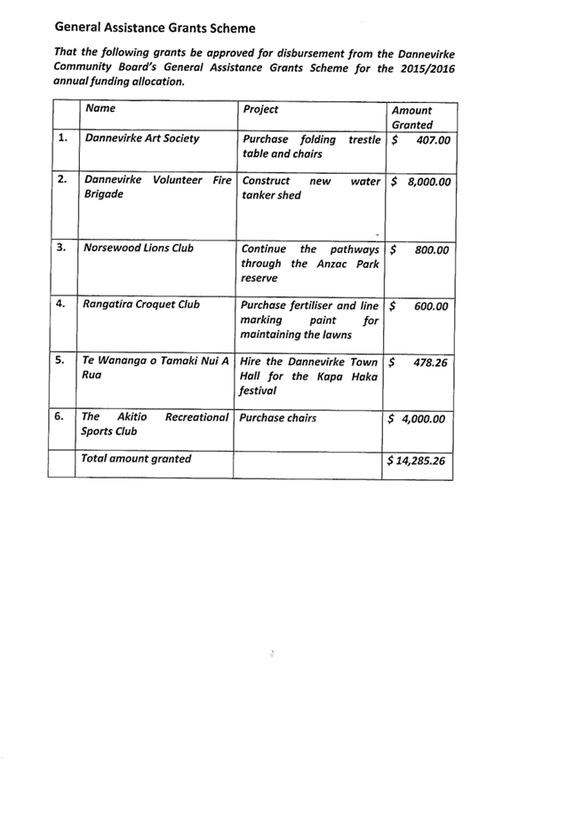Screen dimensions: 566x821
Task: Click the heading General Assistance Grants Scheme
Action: click(x=155, y=28)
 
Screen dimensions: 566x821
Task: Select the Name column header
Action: click(x=100, y=108)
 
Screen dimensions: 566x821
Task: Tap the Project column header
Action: click(x=260, y=109)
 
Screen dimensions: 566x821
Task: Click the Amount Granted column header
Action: click(x=412, y=118)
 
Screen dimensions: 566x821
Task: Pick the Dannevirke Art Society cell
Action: click(x=142, y=138)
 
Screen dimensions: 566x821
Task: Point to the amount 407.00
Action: click(x=434, y=140)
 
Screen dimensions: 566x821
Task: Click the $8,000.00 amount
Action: click(x=421, y=182)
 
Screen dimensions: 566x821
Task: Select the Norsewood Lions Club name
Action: click(x=139, y=248)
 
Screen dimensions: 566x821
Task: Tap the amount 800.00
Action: click(x=432, y=250)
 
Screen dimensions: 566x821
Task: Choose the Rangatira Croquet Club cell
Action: click(x=141, y=304)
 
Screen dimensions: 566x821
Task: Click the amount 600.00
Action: click(x=431, y=307)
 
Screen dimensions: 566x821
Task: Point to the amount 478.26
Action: click(x=430, y=363)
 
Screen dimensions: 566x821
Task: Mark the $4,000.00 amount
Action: click(x=416, y=419)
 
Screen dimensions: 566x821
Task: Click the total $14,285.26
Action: click(x=416, y=461)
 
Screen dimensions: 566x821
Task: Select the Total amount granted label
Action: click(x=136, y=459)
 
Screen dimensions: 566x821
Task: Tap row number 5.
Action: click(x=60, y=360)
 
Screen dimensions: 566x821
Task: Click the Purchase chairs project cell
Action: click(x=278, y=418)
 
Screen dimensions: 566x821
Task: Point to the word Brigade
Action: click(x=104, y=194)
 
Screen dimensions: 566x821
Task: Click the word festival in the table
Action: click(x=258, y=391)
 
